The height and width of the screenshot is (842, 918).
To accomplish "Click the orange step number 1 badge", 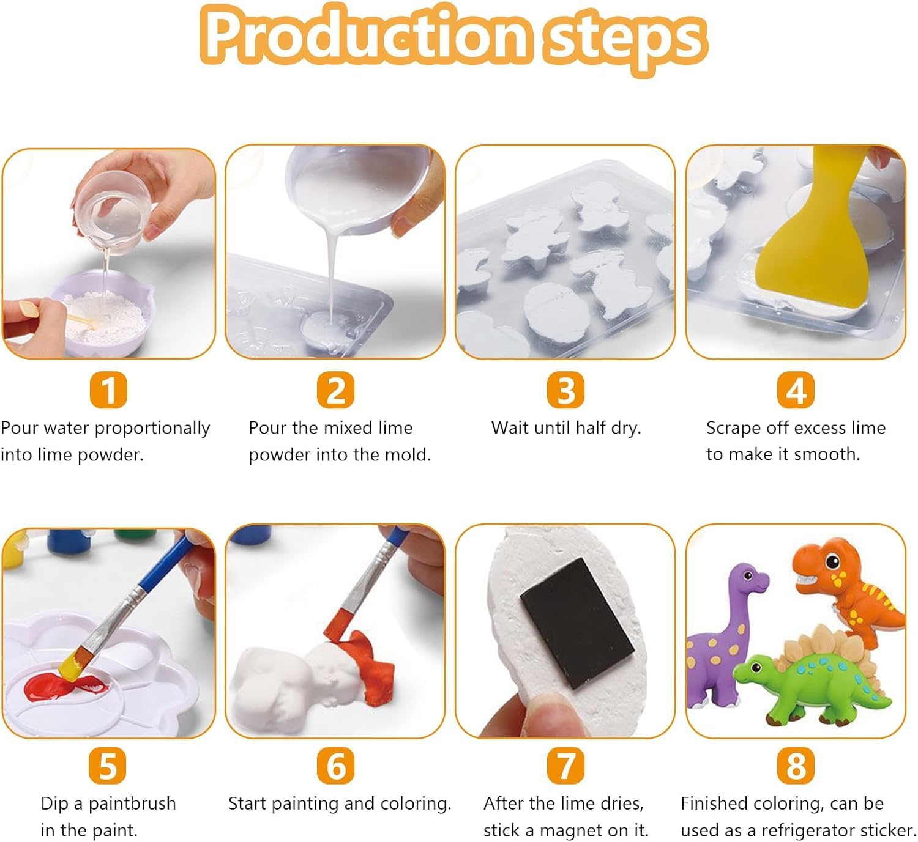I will click(x=108, y=390).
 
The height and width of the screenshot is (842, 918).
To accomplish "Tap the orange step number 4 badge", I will click(x=796, y=390).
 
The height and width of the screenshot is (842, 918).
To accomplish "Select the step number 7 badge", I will click(x=565, y=766).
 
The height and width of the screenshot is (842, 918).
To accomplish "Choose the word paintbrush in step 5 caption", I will click(x=132, y=803).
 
